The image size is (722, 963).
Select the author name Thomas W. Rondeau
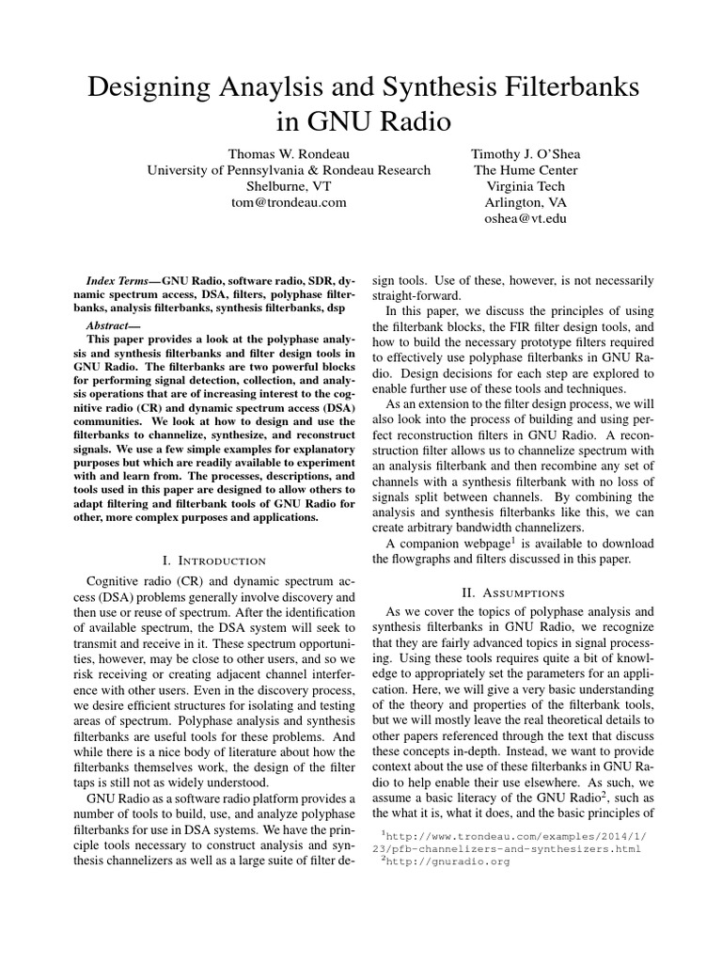(289, 153)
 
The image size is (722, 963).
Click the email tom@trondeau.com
(289, 201)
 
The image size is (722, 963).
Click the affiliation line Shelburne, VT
(289, 185)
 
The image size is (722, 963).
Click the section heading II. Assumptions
(513, 592)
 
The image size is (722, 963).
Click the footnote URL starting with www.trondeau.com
(512, 834)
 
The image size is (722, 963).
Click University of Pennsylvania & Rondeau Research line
(289, 169)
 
